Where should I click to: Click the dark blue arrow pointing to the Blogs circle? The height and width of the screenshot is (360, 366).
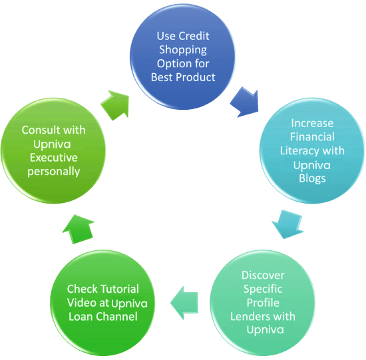click(245, 102)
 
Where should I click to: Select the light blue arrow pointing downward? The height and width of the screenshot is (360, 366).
click(287, 224)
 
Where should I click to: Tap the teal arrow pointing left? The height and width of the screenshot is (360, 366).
click(184, 303)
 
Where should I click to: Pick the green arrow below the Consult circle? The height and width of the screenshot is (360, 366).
click(79, 229)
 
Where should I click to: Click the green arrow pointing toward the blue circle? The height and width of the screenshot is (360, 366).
click(115, 105)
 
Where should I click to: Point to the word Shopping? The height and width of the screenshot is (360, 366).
click(183, 50)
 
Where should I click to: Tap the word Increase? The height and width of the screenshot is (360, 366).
click(312, 123)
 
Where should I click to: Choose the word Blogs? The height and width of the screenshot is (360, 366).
click(312, 178)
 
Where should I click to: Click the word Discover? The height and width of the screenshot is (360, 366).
click(263, 275)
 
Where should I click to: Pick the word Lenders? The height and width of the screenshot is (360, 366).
click(249, 317)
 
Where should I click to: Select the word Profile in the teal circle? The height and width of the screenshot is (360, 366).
click(263, 303)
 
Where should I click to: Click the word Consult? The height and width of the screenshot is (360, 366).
click(41, 130)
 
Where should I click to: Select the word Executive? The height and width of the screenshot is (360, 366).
click(54, 158)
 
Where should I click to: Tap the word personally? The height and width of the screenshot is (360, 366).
click(54, 172)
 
